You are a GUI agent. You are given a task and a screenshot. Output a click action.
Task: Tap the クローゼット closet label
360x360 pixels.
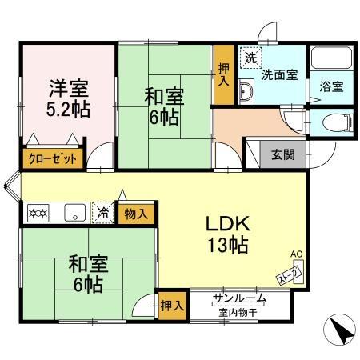coord(54,158)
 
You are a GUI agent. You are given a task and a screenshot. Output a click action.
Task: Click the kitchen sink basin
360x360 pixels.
coord(76,213)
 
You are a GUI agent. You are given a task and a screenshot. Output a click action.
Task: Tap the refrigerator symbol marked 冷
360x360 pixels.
coord(103,213)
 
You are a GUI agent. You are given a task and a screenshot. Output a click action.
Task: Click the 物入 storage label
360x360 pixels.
coord(136,214)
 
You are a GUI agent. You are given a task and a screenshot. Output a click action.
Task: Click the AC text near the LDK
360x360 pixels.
coord(296,254)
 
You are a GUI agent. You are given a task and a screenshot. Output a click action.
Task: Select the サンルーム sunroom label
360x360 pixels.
coord(239,301)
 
